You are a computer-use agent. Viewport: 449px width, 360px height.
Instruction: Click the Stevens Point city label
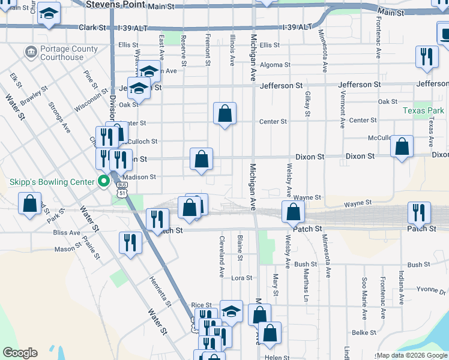pos(115,4)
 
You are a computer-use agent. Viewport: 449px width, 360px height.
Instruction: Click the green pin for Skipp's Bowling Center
pos(103,179)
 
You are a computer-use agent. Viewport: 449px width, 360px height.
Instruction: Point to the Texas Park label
pos(423,110)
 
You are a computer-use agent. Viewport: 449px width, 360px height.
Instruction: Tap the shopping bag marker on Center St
pos(224,113)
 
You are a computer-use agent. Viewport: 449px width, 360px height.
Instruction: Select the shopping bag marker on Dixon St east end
pos(402,147)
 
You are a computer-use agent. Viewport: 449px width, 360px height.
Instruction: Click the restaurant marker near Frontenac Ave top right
pos(427,58)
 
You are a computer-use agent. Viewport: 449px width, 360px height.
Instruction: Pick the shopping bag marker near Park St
pos(29,204)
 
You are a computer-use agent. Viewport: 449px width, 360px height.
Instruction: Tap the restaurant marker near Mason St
pos(130,243)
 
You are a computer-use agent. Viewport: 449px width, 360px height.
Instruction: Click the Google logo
pos(20,353)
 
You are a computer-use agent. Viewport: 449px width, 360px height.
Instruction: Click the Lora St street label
pos(241,278)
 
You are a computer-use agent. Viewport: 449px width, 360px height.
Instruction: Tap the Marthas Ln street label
pos(306,284)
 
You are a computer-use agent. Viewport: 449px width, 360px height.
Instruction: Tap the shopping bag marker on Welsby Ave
pos(294,212)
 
